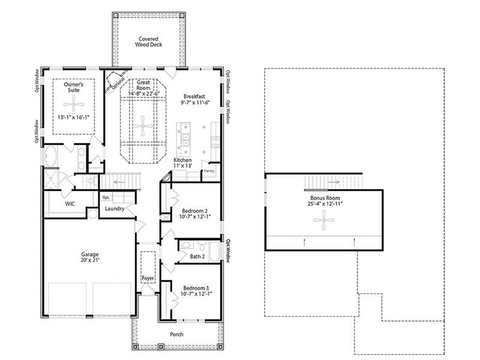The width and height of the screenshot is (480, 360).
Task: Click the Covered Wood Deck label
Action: pyautogui.click(x=147, y=41)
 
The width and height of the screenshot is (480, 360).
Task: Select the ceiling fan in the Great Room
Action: pyautogui.click(x=143, y=126)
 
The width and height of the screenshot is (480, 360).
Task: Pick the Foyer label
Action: pyautogui.click(x=148, y=278)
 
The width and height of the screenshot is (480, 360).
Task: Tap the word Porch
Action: pyautogui.click(x=176, y=334)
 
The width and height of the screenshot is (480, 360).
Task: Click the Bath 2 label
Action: pyautogui.click(x=197, y=257)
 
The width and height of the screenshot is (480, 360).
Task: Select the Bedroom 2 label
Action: pyautogui.click(x=194, y=211)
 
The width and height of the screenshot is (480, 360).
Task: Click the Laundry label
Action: pyautogui.click(x=114, y=209)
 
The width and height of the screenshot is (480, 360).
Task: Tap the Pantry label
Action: pyautogui.click(x=209, y=171)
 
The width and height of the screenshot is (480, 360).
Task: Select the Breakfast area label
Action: pyautogui.click(x=194, y=97)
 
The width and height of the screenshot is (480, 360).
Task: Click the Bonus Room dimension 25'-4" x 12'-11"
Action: pyautogui.click(x=325, y=203)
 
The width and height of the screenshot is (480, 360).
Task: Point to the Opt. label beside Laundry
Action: pyautogui.click(x=106, y=197)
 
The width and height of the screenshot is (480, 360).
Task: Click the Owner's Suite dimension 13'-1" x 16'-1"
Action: pyautogui.click(x=74, y=118)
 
